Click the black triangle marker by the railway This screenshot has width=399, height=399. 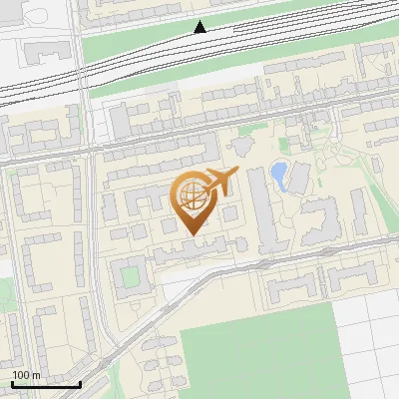[200, 27]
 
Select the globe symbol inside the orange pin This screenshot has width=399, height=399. [192, 197]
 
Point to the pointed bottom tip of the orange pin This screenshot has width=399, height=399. [193, 232]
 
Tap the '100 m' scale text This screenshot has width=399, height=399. [27, 375]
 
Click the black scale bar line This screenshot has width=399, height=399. [46, 384]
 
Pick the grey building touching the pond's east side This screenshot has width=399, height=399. [296, 178]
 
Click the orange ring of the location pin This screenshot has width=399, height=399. [177, 199]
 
